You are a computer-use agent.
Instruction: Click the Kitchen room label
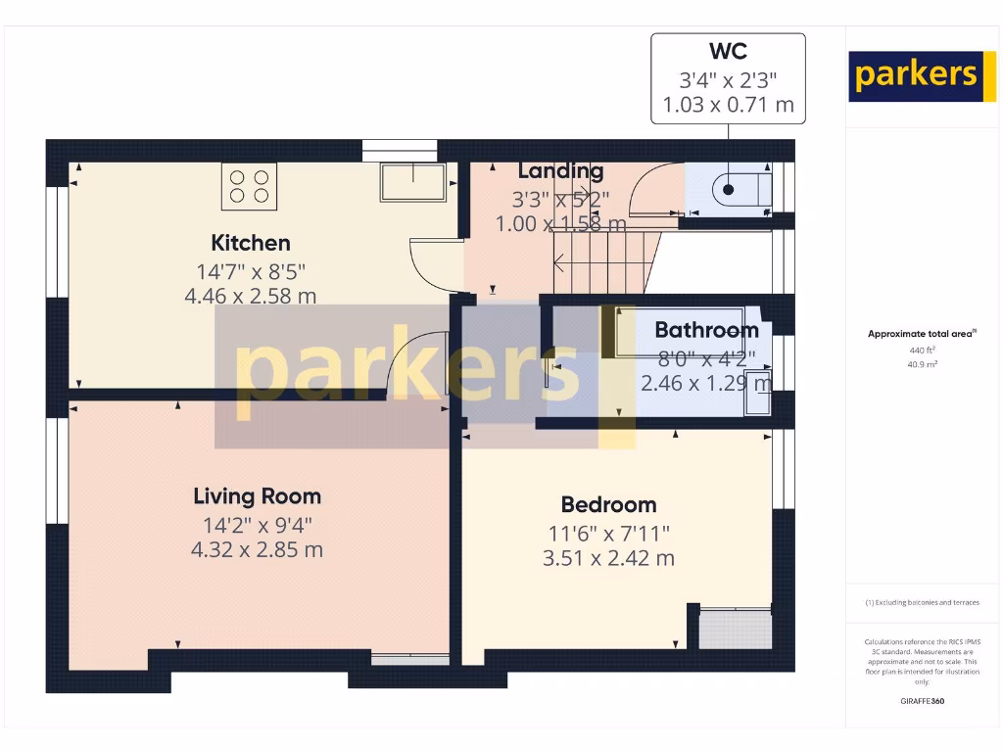coord(251,243)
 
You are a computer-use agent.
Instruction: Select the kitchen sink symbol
coord(415,182)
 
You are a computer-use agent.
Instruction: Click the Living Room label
coord(257,496)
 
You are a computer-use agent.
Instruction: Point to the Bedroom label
coord(608,504)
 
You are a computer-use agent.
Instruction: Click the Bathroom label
coord(706,330)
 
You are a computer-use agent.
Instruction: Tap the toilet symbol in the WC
coord(740,188)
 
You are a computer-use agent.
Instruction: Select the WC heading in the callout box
coord(728,51)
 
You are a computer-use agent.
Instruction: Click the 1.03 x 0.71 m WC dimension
coord(728,105)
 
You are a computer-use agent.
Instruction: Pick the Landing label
coord(560,170)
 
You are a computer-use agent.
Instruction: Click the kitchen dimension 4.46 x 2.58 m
coord(251,296)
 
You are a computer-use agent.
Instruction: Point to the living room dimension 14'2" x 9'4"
coord(257,525)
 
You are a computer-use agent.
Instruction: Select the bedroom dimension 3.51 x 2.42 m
coord(608,558)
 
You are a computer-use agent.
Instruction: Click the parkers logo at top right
coord(916,76)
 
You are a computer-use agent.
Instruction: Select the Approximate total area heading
coord(922,334)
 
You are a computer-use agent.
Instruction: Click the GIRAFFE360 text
coord(922,701)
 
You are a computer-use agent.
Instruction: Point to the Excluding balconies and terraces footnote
coord(922,602)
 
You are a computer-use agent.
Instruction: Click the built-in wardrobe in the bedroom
coord(736,627)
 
